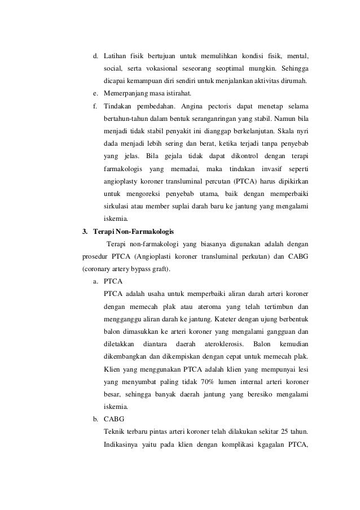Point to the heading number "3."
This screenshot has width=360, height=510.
[86, 230]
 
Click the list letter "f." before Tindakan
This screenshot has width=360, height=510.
[96, 106]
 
